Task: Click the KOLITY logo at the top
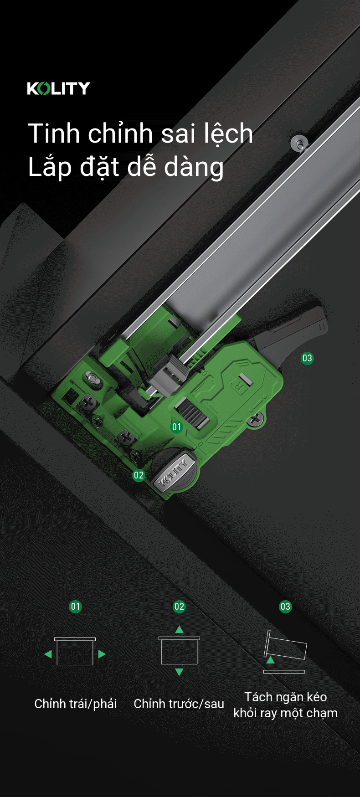click(x=59, y=88)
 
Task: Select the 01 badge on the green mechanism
click(x=176, y=427)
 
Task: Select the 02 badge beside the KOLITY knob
click(x=139, y=475)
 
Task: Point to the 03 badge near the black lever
click(x=307, y=358)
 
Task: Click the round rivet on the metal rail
click(x=299, y=143)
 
